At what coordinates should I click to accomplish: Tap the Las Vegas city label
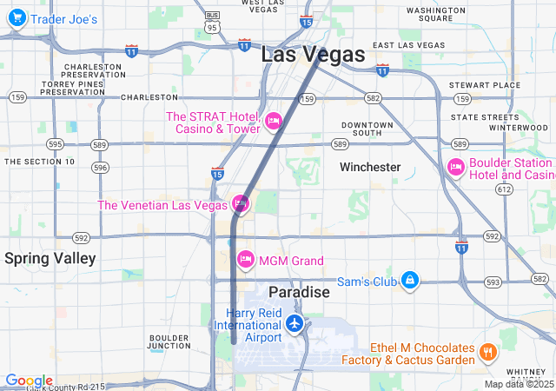tap(313, 54)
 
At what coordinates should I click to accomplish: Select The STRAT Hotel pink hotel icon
tap(274, 121)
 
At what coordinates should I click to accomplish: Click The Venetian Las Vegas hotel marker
tap(241, 204)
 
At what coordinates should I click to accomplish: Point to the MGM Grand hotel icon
tap(246, 260)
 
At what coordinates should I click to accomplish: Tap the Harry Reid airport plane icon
tap(295, 324)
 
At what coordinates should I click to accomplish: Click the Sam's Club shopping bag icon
tap(411, 280)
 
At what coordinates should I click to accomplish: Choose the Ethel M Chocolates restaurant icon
tap(487, 353)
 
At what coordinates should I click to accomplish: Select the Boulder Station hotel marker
tap(456, 167)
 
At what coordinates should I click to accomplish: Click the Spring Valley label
tap(50, 258)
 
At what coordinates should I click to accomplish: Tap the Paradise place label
tap(299, 292)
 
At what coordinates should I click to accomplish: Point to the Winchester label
tap(370, 167)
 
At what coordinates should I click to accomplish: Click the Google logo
tap(28, 381)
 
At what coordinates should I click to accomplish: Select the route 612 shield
tap(504, 189)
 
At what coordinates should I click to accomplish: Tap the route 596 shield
tap(101, 167)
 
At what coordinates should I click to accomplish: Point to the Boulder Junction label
tap(169, 341)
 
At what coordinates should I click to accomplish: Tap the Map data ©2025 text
tap(518, 384)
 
